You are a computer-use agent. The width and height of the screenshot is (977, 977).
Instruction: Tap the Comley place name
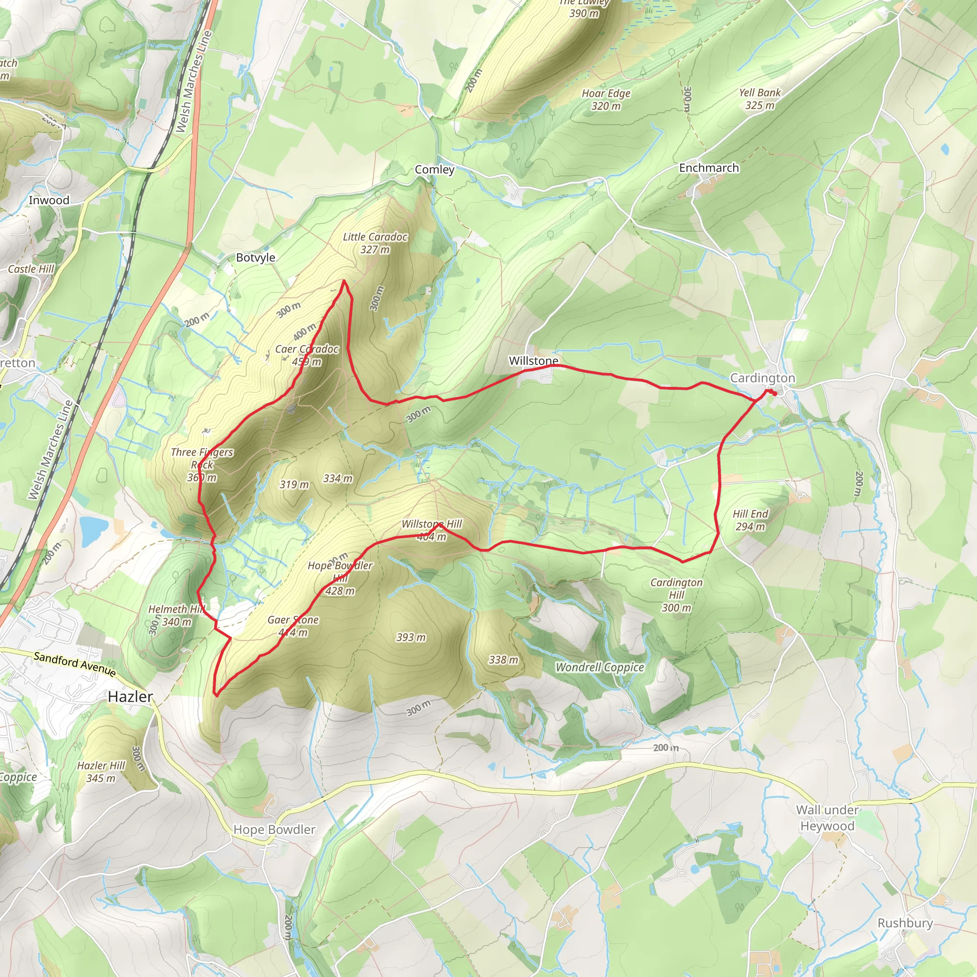tap(435, 169)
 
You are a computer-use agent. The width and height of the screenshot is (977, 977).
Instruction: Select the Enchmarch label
tap(708, 168)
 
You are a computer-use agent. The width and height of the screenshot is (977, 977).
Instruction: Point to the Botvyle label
tap(255, 258)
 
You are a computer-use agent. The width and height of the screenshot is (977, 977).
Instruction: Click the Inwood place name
tap(49, 200)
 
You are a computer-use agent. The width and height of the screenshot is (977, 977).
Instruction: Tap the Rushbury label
tap(904, 923)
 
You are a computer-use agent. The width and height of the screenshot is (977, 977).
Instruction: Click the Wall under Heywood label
tap(827, 818)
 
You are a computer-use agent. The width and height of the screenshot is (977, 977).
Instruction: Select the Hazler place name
tap(130, 697)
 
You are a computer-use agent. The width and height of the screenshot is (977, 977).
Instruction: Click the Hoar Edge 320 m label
tap(606, 100)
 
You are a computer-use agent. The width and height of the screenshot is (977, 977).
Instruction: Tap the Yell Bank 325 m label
tap(759, 99)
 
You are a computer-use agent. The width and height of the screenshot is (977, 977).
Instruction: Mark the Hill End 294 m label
tap(750, 520)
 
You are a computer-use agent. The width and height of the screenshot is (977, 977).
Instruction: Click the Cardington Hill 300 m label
tap(676, 595)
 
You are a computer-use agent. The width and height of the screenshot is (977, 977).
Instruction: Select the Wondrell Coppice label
tap(600, 667)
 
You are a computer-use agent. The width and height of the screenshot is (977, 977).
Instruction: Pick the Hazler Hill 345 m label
tap(101, 772)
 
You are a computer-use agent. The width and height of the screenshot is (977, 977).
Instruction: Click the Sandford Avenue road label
tap(75, 664)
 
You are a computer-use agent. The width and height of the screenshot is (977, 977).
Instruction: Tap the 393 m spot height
tap(411, 637)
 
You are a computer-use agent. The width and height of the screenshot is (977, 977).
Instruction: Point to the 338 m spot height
tap(503, 660)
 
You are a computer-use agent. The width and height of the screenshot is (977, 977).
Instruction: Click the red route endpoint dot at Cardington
tap(774, 394)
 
